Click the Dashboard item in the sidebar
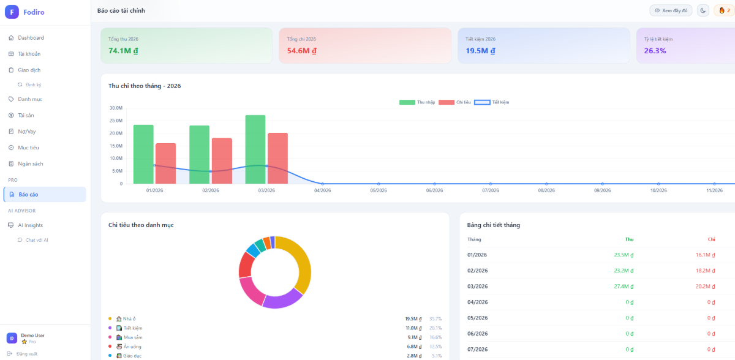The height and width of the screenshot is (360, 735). [x=31, y=38]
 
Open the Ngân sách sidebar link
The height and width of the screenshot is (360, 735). [x=30, y=163]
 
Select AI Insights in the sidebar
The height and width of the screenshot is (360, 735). [x=30, y=225]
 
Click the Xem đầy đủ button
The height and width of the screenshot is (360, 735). [x=671, y=10]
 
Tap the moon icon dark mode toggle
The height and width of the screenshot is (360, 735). [x=703, y=10]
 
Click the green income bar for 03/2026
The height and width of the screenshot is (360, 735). [x=255, y=149]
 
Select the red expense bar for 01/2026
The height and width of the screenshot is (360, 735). [x=165, y=163]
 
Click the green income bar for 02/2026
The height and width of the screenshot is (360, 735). [x=199, y=154]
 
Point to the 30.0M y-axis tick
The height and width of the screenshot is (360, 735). [x=116, y=108]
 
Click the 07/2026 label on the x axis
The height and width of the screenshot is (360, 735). [x=490, y=190]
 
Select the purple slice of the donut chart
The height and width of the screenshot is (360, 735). [x=282, y=298]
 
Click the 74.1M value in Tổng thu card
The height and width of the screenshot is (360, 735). [x=123, y=51]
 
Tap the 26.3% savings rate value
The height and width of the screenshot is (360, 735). [x=655, y=51]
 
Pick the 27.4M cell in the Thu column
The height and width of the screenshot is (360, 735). [x=623, y=287]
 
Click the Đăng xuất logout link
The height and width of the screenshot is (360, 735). [x=26, y=354]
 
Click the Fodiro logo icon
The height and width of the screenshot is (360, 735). [x=12, y=12]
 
